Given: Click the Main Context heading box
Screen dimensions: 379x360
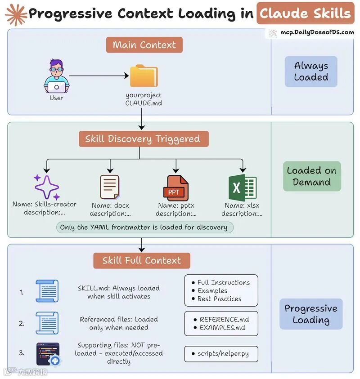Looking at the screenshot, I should point(144,45).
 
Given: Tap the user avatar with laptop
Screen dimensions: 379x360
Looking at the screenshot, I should point(56,76).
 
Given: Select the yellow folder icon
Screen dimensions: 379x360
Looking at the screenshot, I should point(144,76).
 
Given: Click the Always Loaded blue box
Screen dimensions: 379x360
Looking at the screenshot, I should point(311,71).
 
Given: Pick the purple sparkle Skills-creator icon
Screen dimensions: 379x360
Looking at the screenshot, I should point(46,187).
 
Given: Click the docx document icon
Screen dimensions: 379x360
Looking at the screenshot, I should point(110,187).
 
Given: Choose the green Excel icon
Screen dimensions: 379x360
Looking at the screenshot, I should point(242,187).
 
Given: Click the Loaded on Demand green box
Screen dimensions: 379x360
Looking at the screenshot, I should point(311,176).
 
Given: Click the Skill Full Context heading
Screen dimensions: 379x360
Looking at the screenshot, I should point(142,260).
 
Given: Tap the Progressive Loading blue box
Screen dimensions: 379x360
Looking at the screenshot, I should point(311,314).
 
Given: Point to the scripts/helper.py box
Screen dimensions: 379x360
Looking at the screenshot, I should point(221,354).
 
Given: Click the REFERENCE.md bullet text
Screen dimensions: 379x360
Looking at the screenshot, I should point(224,319).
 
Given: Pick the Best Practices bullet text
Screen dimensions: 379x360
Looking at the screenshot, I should point(219,299).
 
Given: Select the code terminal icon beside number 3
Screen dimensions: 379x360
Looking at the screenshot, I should point(48,354).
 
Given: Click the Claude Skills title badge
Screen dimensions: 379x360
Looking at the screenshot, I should point(305,13).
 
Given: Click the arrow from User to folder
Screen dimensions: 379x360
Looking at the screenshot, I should point(99,76).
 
